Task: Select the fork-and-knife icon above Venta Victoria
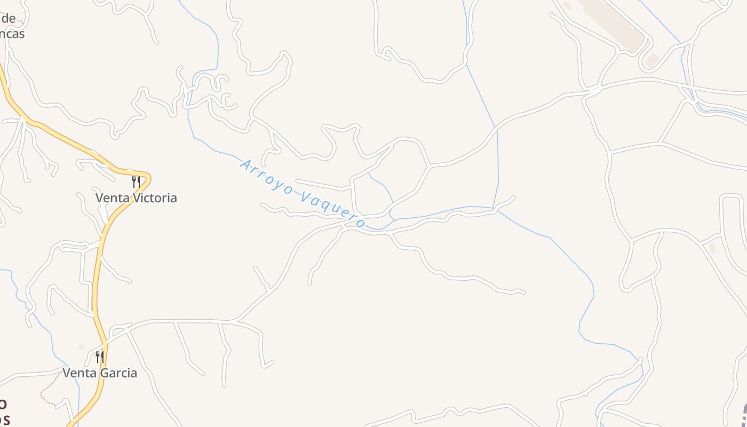point(136,182)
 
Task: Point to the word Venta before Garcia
point(79,373)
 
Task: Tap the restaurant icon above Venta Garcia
point(100,357)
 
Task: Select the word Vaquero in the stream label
point(332,210)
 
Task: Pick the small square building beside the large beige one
point(651,60)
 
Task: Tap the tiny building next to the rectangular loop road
point(712,248)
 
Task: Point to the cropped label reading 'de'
point(9,18)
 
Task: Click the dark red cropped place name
point(4,411)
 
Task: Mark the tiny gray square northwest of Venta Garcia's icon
point(81,347)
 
